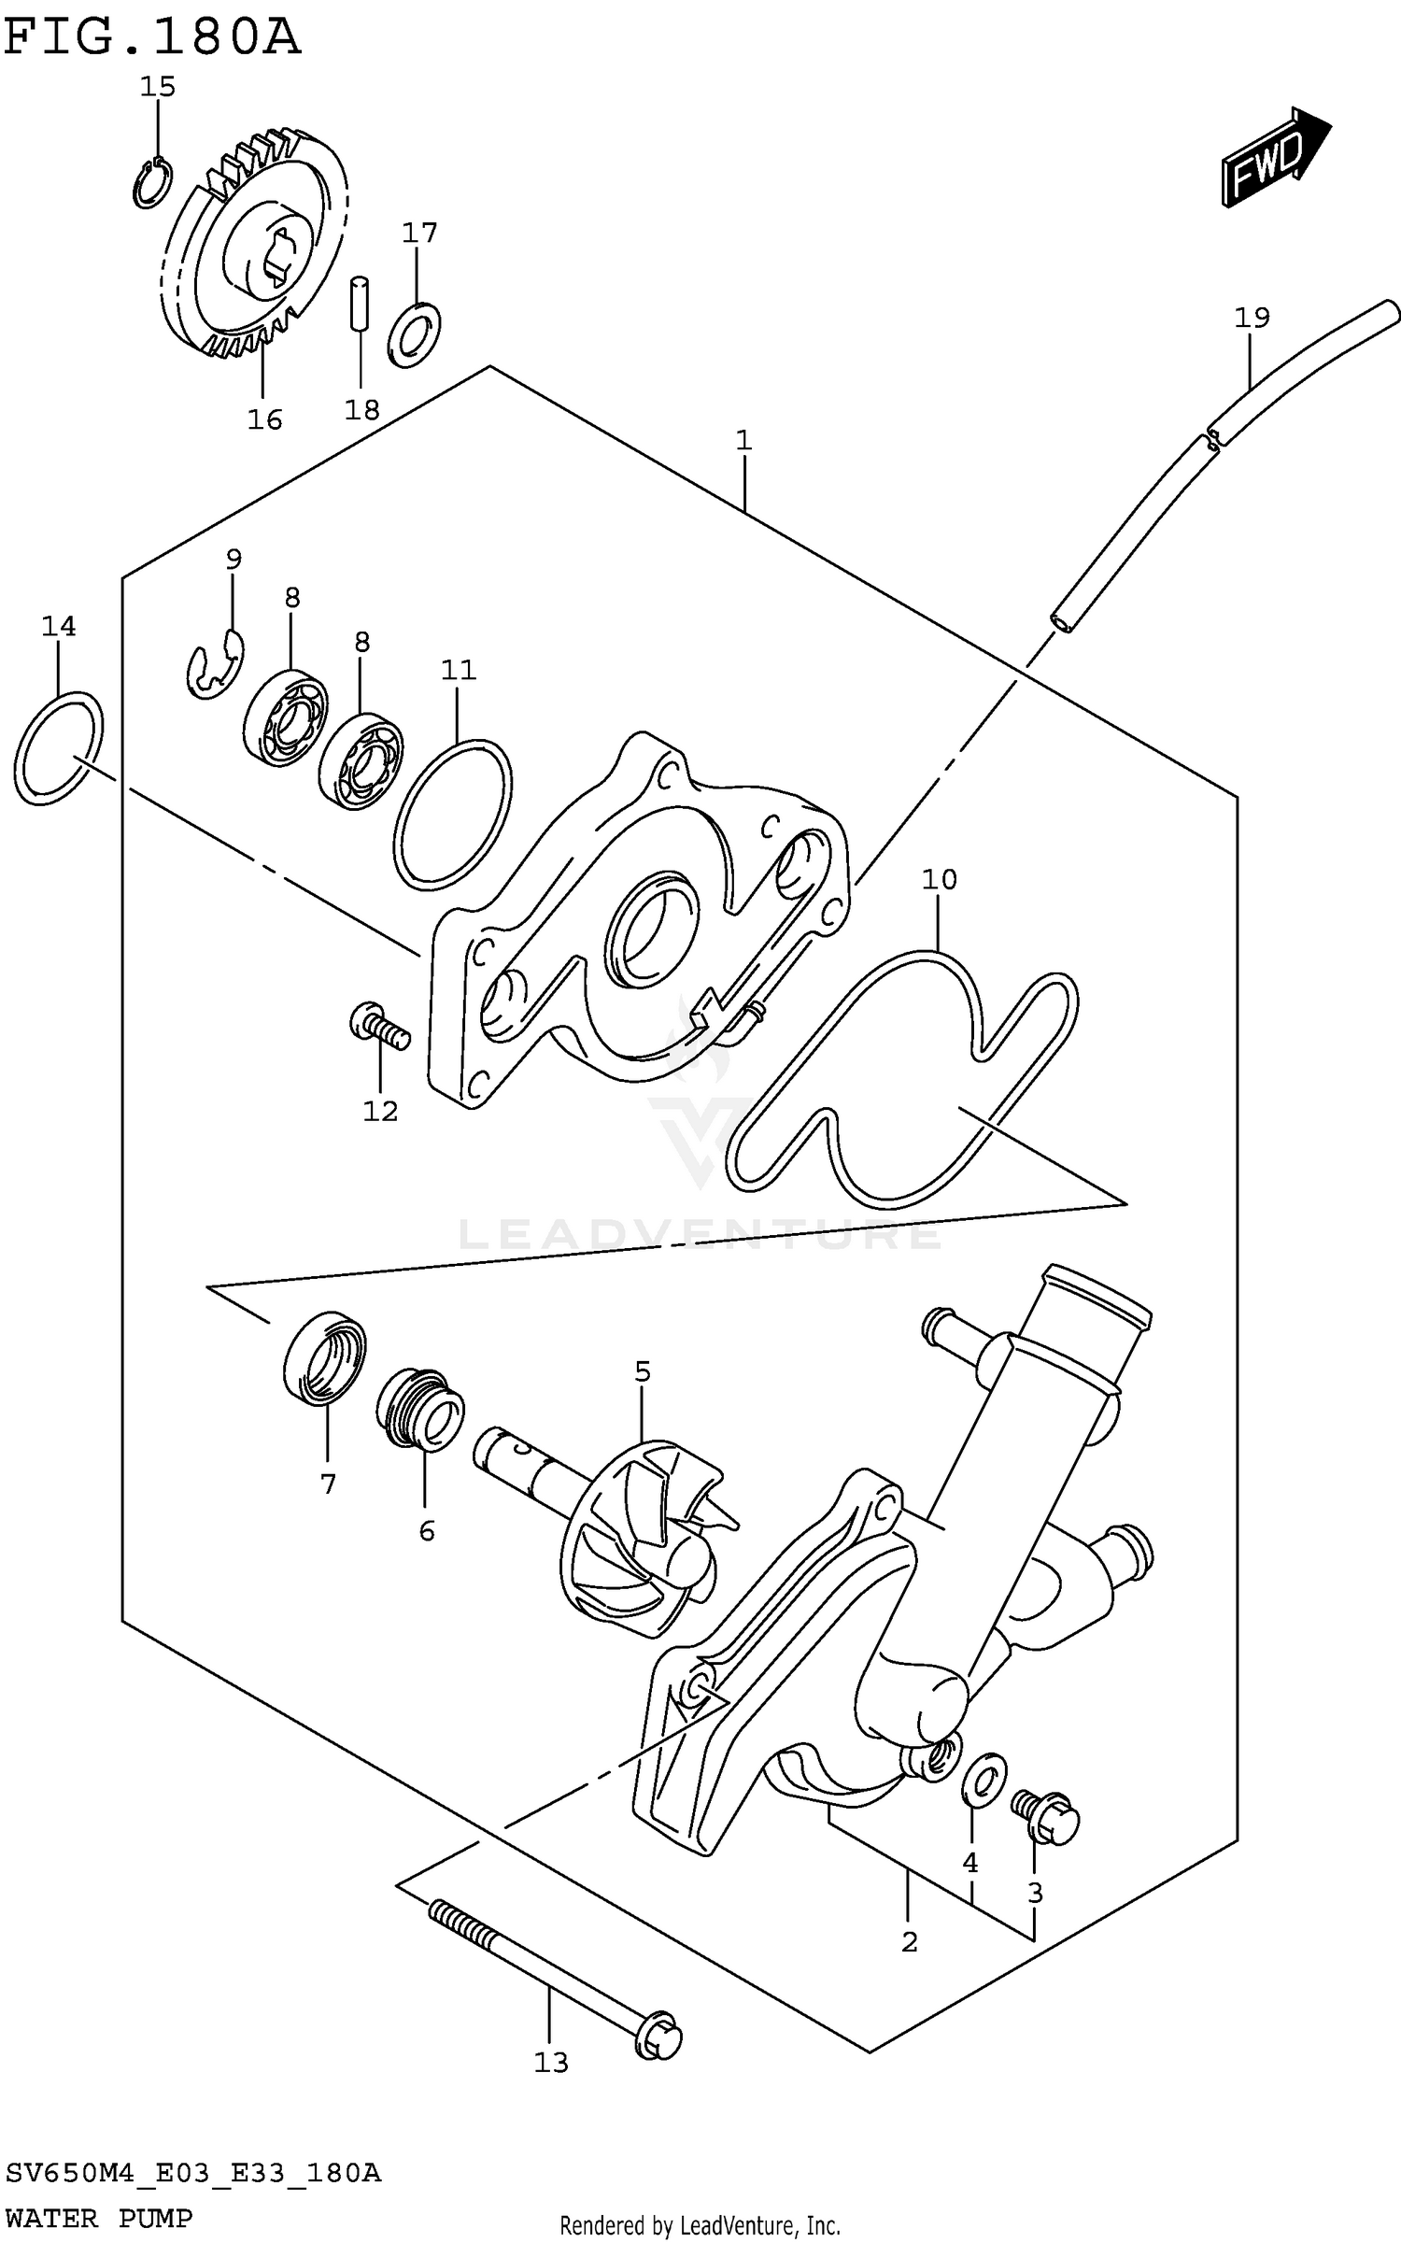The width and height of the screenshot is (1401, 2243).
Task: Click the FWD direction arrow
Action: (1274, 157)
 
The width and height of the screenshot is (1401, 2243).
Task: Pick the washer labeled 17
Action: (414, 334)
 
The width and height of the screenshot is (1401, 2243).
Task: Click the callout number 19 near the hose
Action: (1252, 319)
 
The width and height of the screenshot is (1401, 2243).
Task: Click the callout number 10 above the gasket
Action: (939, 880)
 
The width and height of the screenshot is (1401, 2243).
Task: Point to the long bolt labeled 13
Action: (555, 1967)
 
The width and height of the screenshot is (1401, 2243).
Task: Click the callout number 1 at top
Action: (743, 440)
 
